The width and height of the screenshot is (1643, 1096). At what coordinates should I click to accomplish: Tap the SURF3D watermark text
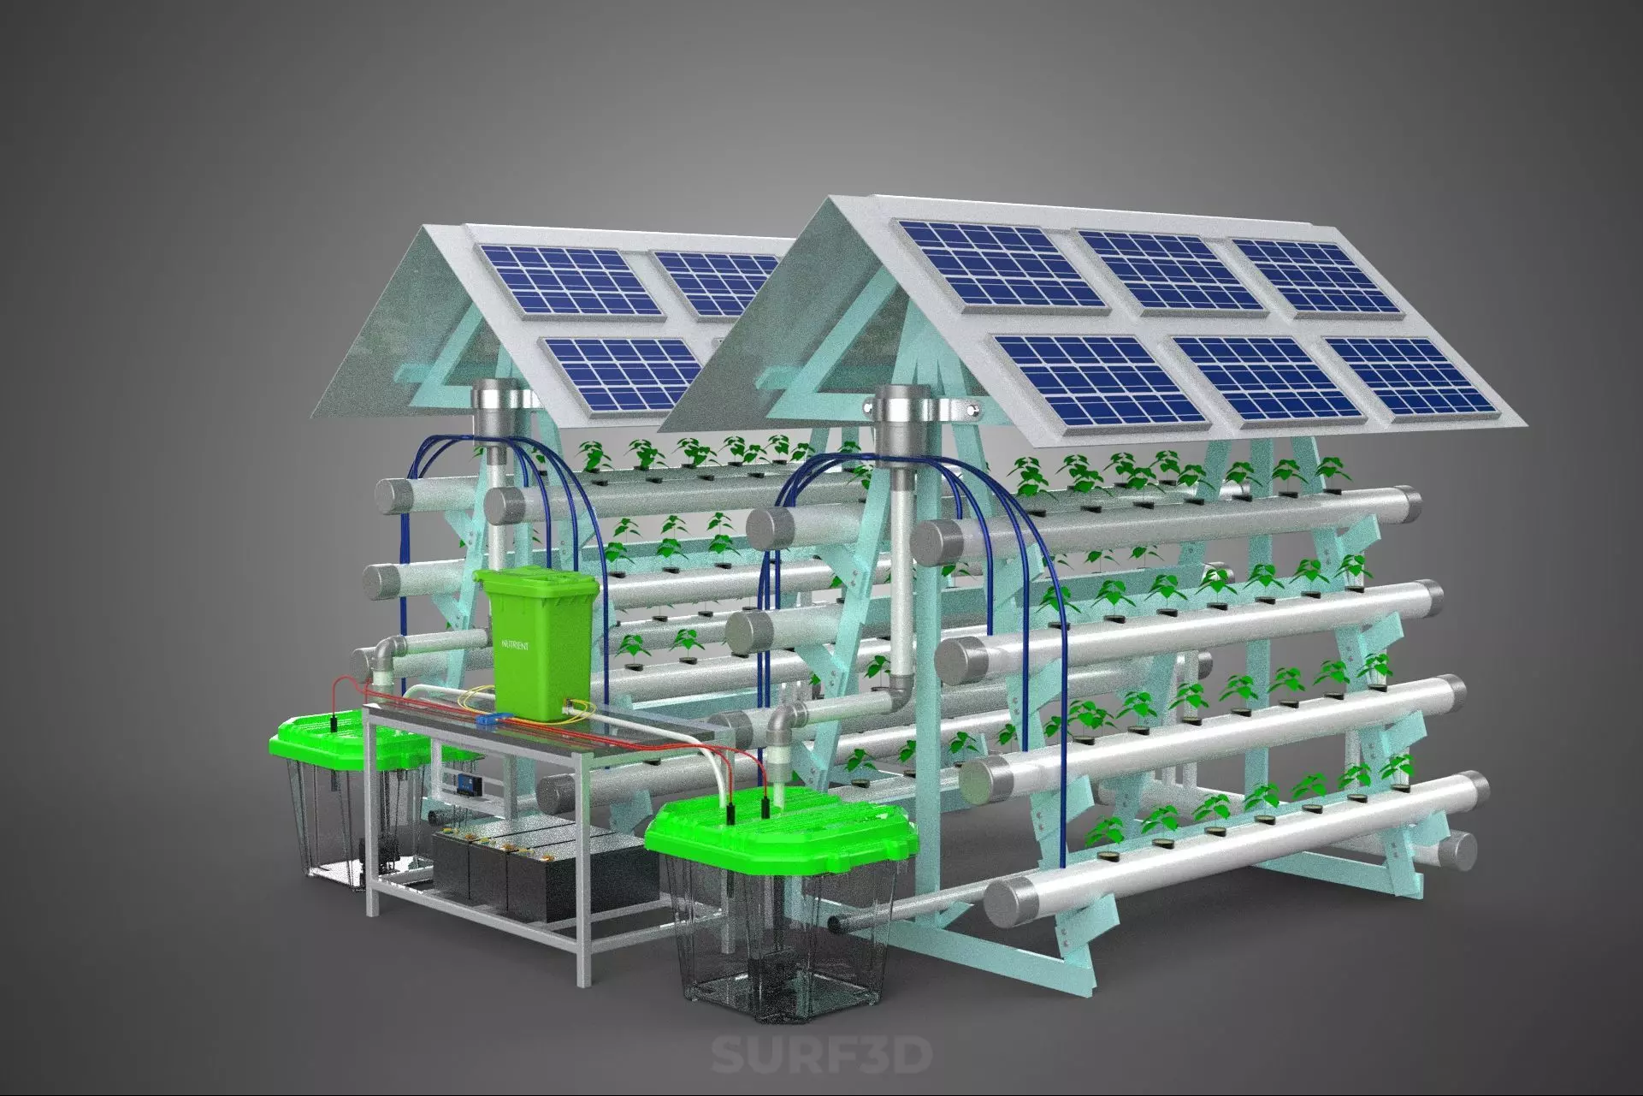pyautogui.click(x=820, y=1055)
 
